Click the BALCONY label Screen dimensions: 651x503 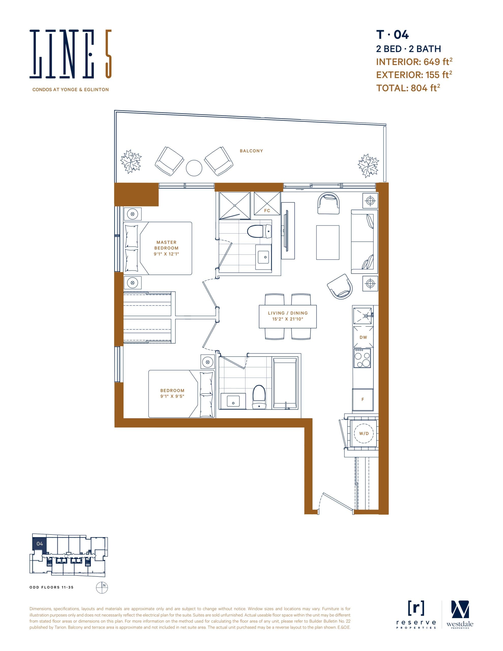coord(251,151)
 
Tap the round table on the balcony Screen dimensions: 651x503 coord(194,168)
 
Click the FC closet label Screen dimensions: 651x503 coord(267,211)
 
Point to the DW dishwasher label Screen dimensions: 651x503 coord(363,337)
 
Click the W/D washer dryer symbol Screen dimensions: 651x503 coord(363,433)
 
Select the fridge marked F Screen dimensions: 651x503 coord(363,400)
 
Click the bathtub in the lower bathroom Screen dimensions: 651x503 coord(285,383)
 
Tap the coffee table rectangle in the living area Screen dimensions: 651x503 coord(327,242)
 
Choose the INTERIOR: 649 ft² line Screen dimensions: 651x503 coord(414,62)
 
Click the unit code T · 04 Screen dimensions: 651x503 coord(392,35)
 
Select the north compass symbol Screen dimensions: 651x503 coord(102,587)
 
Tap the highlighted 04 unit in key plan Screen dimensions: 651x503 coord(39,544)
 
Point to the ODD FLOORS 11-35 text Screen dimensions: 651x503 coord(51,587)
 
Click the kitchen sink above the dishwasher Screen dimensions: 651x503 coord(363,316)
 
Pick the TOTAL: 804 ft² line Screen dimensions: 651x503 coord(408,88)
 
